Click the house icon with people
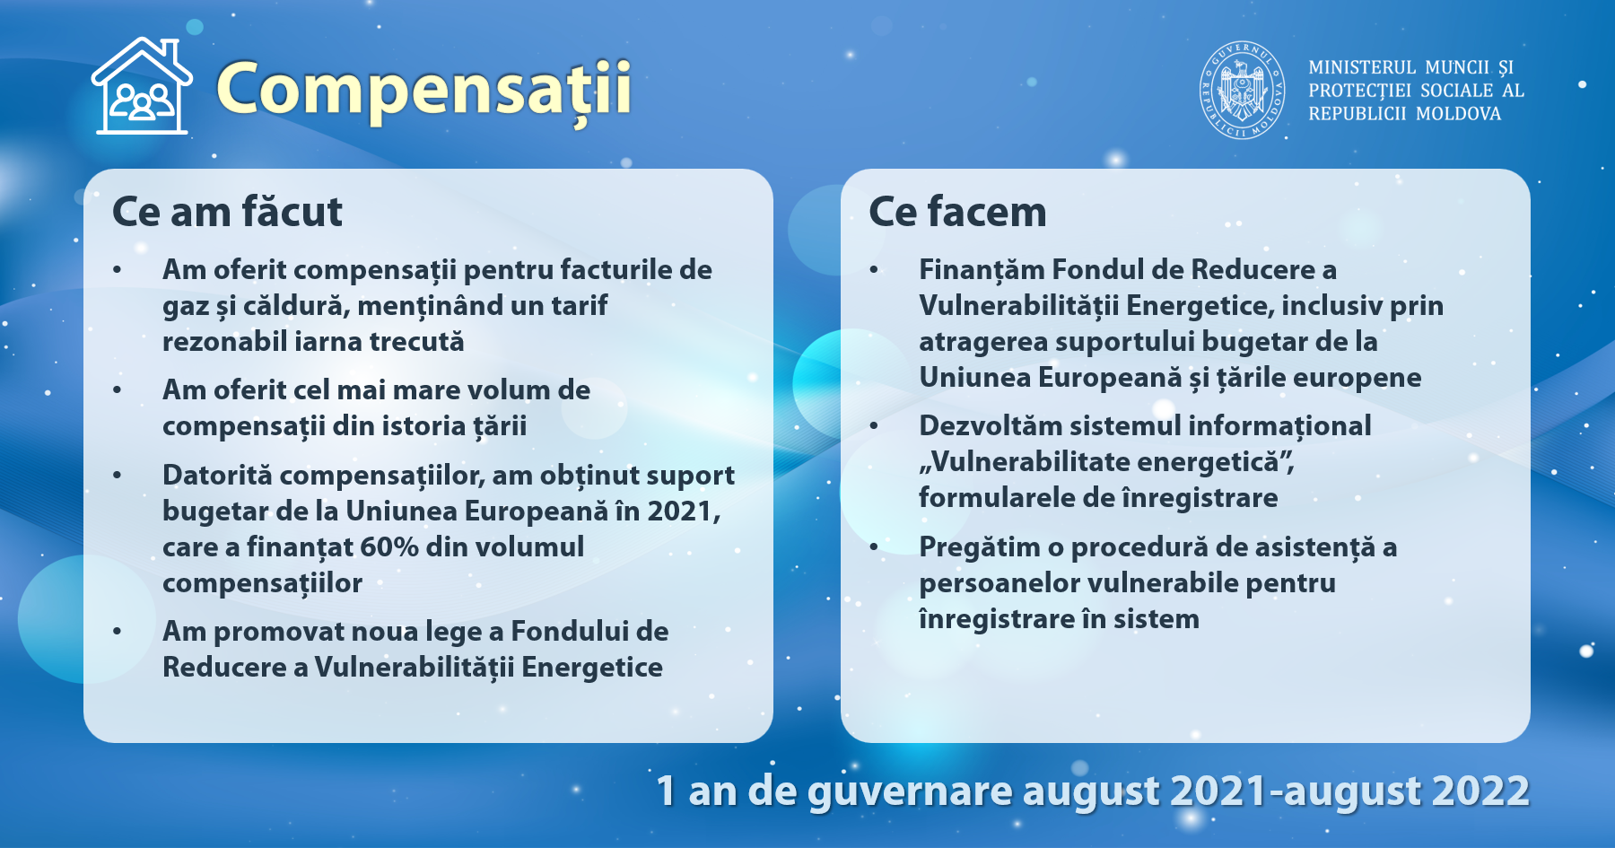click(x=142, y=86)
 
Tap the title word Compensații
click(x=424, y=90)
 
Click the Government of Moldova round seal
click(x=1243, y=90)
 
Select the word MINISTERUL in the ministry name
click(x=1362, y=67)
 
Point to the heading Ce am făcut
click(x=227, y=213)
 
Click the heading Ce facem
click(x=957, y=213)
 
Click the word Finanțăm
click(x=982, y=270)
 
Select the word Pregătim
click(x=975, y=547)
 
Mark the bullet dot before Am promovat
click(x=118, y=632)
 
